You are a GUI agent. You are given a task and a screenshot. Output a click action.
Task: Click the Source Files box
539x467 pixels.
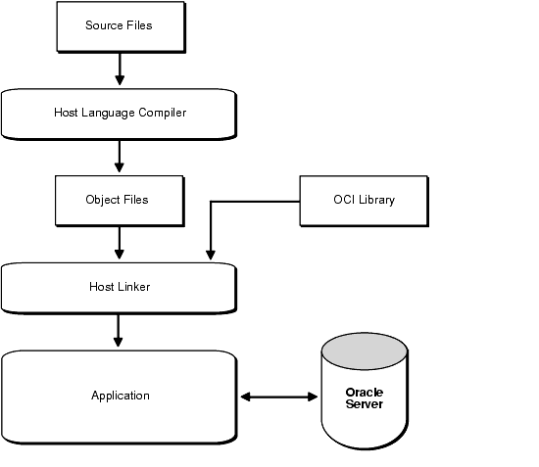121,27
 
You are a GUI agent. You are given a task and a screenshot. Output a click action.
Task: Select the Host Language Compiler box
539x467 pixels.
119,115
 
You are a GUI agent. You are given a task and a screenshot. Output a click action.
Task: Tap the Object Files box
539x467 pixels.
120,202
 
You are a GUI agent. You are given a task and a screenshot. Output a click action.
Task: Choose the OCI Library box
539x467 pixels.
364,202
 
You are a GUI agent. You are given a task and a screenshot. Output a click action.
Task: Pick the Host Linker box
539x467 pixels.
119,289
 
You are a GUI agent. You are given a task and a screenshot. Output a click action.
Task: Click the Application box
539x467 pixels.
119,397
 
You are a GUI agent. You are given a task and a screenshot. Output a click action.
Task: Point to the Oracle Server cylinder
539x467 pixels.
365,391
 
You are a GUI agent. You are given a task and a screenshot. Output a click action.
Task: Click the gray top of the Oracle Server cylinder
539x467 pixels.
365,350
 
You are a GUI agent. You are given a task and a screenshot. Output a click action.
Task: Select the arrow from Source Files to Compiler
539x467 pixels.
120,70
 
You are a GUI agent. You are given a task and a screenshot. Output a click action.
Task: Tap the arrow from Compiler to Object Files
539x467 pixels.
120,157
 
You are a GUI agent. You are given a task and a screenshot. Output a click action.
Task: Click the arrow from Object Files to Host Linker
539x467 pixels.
120,243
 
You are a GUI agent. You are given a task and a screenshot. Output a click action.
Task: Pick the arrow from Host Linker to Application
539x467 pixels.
119,331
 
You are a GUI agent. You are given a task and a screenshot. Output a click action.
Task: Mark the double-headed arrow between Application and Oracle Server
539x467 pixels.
278,397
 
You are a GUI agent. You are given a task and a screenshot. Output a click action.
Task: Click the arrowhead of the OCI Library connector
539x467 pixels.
211,256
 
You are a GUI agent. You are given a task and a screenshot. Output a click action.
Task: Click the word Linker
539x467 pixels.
133,287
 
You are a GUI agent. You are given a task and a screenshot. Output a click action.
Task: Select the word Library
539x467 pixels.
376,200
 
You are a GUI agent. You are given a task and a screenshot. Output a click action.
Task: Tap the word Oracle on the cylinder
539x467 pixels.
365,393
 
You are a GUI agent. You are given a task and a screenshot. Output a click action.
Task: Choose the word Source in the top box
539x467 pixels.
104,25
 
